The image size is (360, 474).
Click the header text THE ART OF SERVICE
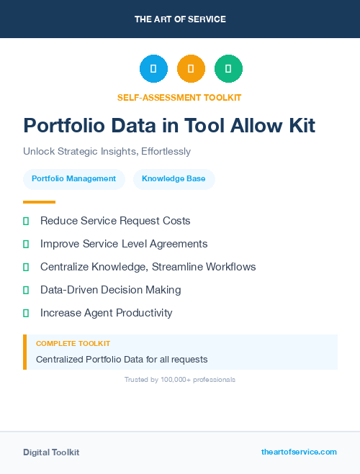(x=180, y=19)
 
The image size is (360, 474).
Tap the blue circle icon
(x=153, y=68)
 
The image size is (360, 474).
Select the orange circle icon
(x=191, y=68)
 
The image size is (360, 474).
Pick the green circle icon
(x=228, y=68)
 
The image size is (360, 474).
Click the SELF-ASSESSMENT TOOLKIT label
(x=179, y=97)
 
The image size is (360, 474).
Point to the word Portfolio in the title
(x=64, y=126)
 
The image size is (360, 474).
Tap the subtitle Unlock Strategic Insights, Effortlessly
(x=107, y=152)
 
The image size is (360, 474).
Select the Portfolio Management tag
(x=73, y=179)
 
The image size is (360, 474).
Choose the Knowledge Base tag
(x=174, y=179)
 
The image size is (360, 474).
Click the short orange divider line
(x=39, y=202)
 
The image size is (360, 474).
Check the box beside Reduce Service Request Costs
(x=26, y=221)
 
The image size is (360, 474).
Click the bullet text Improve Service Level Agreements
(x=124, y=244)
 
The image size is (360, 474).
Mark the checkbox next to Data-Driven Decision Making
(x=26, y=290)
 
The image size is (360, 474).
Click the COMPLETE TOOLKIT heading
(x=73, y=344)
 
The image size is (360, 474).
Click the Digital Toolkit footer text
(x=51, y=452)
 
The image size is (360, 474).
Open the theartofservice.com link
(x=299, y=452)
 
